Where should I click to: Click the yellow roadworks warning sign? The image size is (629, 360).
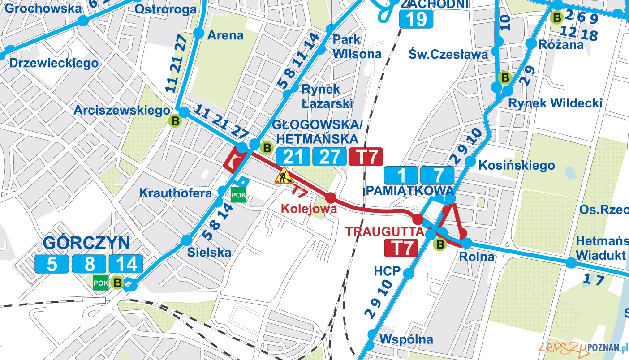coord(283,176)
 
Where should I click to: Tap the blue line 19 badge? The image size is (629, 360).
coord(417,19)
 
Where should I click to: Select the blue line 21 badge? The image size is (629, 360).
coord(293,157)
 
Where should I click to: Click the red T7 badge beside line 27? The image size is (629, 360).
coord(366,157)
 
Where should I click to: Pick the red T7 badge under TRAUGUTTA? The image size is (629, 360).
coord(401,248)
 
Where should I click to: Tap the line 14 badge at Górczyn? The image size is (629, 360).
coord(126,264)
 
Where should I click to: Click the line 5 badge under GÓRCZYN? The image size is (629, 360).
coord(52,264)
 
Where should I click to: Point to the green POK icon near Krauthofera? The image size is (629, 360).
coord(238,195)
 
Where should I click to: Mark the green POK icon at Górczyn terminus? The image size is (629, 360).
coord(100,283)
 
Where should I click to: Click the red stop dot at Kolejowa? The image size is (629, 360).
coord(331,198)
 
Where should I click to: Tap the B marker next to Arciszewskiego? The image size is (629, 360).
coord(175,120)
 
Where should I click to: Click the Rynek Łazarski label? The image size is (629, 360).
coord(327,96)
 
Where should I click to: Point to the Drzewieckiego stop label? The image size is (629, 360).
coord(54,63)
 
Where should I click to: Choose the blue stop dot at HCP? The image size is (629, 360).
coord(408,273)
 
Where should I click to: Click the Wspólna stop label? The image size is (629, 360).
coord(406,339)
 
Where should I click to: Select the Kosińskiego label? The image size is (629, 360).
coord(516,165)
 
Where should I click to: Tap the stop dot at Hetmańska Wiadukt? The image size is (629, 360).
coord(570,262)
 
